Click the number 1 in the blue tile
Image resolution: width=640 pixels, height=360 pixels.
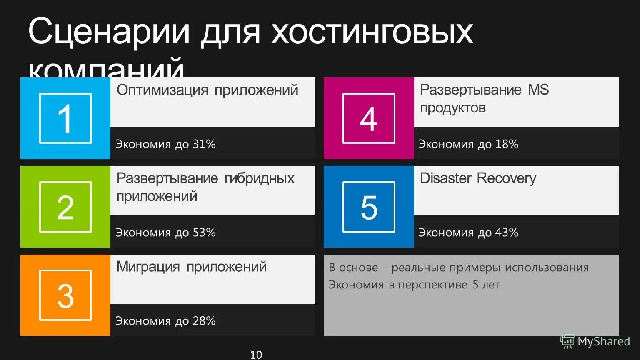[65, 119]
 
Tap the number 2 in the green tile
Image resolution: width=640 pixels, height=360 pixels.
[65, 207]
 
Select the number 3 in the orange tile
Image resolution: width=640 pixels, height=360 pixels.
[65, 296]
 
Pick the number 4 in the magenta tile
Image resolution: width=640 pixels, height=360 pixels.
[369, 119]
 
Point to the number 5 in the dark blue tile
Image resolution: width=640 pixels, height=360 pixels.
[369, 207]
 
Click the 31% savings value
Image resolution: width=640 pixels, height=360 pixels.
[204, 144]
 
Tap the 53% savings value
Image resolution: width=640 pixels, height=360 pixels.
[204, 232]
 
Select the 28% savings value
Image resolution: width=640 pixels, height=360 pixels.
[204, 321]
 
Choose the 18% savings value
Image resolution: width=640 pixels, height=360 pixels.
[507, 144]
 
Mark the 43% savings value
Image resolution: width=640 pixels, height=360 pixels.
[507, 232]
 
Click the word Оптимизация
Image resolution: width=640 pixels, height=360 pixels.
[162, 90]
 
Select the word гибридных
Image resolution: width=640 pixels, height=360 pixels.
[259, 179]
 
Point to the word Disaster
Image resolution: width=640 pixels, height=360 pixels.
[446, 178]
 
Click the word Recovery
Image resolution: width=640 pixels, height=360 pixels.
[507, 178]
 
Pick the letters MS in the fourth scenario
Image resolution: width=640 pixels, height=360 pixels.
[539, 90]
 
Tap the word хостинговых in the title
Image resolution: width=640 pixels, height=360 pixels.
[372, 31]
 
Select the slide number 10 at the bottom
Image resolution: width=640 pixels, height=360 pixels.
[256, 355]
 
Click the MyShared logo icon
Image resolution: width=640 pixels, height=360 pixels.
[567, 341]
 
